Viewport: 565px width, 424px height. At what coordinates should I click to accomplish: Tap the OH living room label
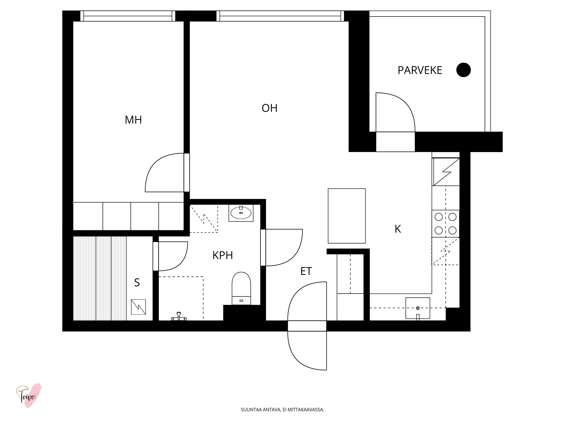[x=270, y=108]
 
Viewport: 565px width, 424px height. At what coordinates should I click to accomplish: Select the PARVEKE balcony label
[x=420, y=70]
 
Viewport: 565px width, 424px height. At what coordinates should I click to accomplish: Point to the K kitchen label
[x=398, y=229]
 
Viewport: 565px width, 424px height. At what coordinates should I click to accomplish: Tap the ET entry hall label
[x=306, y=271]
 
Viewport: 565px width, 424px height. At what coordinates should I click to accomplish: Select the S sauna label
[x=137, y=283]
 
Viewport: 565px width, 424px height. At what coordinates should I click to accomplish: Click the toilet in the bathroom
[x=241, y=288]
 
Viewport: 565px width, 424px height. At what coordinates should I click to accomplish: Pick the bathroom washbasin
[x=241, y=213]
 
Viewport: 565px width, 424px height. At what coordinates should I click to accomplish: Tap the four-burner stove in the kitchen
[x=446, y=224]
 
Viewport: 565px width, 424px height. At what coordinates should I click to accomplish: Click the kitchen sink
[x=418, y=308]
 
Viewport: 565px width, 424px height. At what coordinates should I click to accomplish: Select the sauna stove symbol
[x=138, y=307]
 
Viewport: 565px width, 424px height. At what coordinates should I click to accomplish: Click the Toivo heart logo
[x=29, y=396]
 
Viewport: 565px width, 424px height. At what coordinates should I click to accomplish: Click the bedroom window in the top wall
[x=128, y=16]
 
